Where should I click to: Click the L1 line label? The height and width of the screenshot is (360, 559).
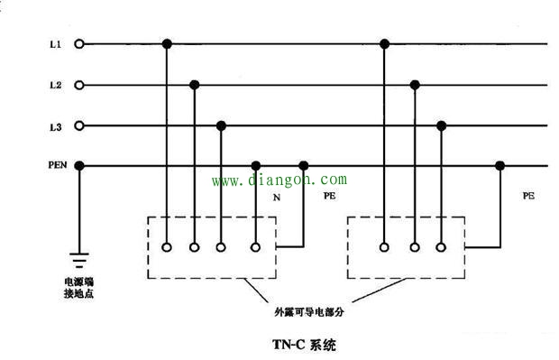pos(55,43)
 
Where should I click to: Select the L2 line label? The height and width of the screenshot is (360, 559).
pos(55,85)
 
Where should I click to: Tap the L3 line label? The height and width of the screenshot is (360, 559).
pos(55,126)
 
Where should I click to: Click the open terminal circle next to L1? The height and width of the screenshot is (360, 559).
pos(79,43)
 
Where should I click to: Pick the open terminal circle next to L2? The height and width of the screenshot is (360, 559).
pos(79,85)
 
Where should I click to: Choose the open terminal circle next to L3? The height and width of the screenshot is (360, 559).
pos(79,125)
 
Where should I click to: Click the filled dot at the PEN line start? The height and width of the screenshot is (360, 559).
pos(79,165)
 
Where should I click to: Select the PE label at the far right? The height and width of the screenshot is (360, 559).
pos(527,195)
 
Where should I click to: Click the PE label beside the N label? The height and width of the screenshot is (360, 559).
pos(328,193)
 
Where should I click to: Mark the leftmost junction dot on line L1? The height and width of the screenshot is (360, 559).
pos(167,43)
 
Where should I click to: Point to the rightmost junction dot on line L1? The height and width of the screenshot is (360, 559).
pos(385,43)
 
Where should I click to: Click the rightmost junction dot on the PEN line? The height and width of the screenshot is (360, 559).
pos(499,165)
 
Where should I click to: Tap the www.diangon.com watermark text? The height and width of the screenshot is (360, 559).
pos(279,180)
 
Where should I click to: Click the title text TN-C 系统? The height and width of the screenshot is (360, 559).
pos(303,344)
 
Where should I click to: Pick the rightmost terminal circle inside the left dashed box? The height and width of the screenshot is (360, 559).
pos(256,245)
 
